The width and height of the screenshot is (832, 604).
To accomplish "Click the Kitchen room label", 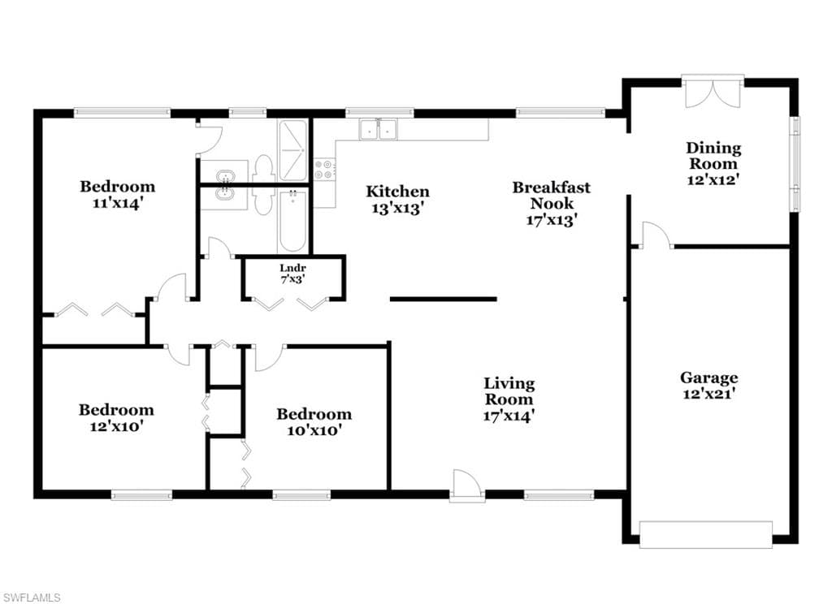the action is pyautogui.click(x=397, y=192).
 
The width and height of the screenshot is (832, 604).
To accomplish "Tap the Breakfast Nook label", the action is pyautogui.click(x=552, y=195).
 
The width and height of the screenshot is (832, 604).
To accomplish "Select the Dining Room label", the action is pyautogui.click(x=713, y=155).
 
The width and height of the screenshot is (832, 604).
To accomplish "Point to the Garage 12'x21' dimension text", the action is pyautogui.click(x=708, y=394).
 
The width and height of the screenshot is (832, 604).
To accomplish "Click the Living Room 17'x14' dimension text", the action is pyautogui.click(x=509, y=415).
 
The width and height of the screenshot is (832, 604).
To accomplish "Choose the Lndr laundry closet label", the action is pyautogui.click(x=292, y=269).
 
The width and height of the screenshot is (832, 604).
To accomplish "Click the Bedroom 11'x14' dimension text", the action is pyautogui.click(x=117, y=203).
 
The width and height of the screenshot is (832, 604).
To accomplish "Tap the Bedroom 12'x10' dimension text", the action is pyautogui.click(x=117, y=426).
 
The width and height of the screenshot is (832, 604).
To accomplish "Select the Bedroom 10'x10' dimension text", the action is pyautogui.click(x=314, y=430).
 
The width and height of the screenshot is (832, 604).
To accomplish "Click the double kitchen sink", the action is pyautogui.click(x=379, y=129).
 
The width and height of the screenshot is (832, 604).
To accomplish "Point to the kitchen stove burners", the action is pyautogui.click(x=323, y=169).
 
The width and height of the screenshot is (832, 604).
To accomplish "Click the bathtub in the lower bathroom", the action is pyautogui.click(x=292, y=221).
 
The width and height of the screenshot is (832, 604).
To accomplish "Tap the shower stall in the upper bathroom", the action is pyautogui.click(x=292, y=151).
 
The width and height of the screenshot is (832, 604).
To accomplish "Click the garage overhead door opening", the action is pyautogui.click(x=706, y=534).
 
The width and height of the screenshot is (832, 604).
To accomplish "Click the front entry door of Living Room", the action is pyautogui.click(x=467, y=485).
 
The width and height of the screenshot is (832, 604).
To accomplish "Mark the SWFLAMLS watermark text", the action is pyautogui.click(x=31, y=598).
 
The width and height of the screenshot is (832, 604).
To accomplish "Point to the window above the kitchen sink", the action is pyautogui.click(x=379, y=112).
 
